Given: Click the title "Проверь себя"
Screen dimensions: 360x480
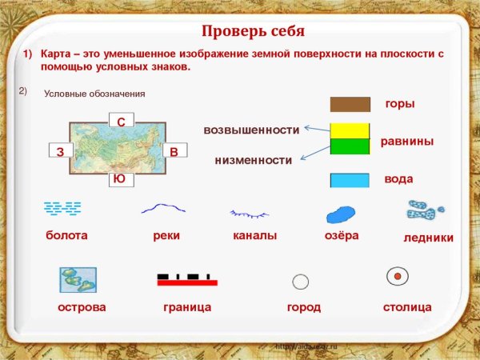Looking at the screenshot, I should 253,32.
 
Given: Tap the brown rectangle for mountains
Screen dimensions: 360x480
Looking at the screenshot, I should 350,104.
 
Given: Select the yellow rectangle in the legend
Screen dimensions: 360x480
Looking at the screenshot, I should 350,130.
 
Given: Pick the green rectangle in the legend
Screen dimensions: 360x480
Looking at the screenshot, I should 350,146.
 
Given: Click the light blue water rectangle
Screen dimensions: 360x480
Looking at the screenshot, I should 350,180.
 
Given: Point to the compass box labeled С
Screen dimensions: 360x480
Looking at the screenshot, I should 121,121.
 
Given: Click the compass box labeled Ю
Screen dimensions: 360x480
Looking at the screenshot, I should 119,178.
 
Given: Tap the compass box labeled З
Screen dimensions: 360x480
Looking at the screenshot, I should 60,151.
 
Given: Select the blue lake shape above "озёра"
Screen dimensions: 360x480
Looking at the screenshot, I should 340,214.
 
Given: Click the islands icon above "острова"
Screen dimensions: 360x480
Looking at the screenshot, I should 78,280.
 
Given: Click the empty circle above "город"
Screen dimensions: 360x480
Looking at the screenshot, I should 301,281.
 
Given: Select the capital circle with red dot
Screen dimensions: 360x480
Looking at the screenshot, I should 398,277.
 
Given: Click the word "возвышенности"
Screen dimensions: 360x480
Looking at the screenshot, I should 251,130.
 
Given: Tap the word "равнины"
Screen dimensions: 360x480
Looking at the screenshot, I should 406,141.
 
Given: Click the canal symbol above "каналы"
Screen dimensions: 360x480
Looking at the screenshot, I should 250,214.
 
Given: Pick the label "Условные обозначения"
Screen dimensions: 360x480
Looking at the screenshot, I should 94,94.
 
